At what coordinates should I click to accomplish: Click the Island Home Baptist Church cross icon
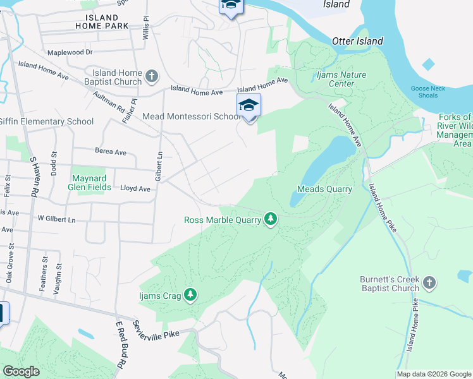click(x=152, y=77)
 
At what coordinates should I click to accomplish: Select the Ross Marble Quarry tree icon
click(x=271, y=219)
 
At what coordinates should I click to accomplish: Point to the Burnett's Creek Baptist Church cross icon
click(x=429, y=282)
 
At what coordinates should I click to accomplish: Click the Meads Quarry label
click(x=324, y=189)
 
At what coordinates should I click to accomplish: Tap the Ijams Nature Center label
click(x=341, y=79)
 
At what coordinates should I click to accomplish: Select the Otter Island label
click(x=357, y=41)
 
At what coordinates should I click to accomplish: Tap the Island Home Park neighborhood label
click(x=101, y=21)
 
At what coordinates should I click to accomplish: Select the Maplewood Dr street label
click(x=70, y=52)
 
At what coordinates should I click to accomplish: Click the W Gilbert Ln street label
click(x=56, y=219)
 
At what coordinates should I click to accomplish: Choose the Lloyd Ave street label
click(x=135, y=188)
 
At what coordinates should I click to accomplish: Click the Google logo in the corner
click(x=21, y=371)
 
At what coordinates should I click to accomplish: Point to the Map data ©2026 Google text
click(x=433, y=374)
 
